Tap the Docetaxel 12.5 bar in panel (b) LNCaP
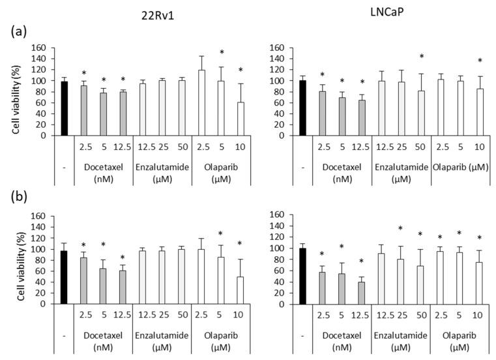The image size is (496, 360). coord(360,293)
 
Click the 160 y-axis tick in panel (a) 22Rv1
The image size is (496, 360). coord(40,48)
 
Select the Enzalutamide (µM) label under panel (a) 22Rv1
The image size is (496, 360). coord(162,172)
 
